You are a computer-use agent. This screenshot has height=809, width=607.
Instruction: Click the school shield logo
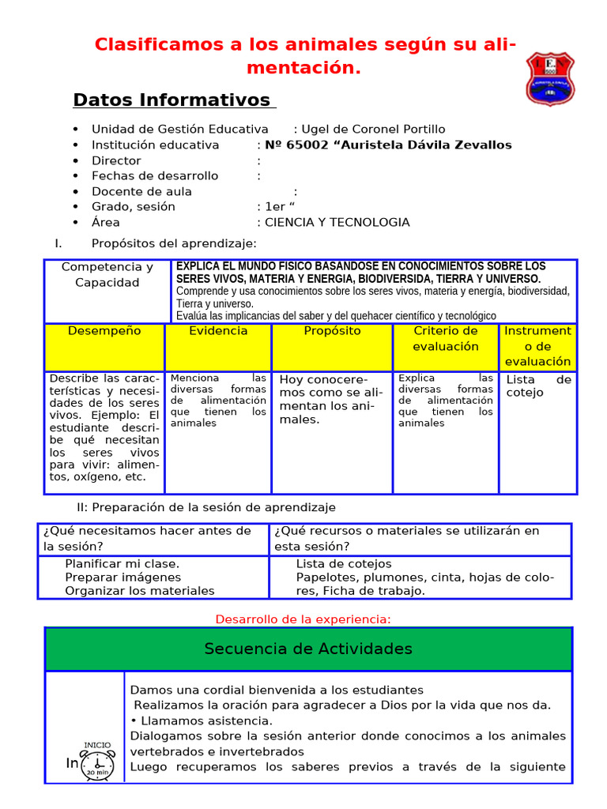point(550,79)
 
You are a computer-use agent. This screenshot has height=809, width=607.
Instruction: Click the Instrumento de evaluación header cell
point(537,346)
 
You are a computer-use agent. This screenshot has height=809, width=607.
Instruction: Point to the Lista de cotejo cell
point(538,386)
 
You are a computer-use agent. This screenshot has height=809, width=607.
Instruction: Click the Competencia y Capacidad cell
point(107,275)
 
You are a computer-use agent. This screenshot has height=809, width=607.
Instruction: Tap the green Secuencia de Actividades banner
point(308,649)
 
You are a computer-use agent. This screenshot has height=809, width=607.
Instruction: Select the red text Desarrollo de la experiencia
point(303,619)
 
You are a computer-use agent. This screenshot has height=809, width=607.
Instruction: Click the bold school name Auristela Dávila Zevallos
point(388,145)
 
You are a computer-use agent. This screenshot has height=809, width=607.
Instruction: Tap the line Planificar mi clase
point(123,564)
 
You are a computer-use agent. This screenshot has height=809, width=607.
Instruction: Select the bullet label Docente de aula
point(141,192)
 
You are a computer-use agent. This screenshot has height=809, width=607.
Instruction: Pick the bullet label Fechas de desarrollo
point(155,176)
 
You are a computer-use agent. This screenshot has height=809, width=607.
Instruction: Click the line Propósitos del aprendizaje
point(174,244)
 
